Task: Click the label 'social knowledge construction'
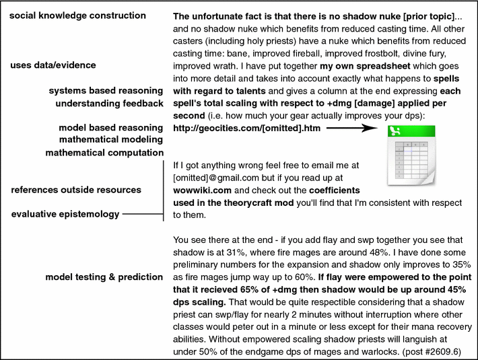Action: pos(78,15)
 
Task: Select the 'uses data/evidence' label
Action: pos(53,65)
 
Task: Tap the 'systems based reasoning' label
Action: pos(106,90)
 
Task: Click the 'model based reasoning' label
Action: pos(110,127)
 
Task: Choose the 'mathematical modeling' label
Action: pos(110,139)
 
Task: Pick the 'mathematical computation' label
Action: pos(104,152)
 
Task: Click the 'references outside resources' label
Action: pos(76,190)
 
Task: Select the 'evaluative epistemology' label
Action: pos(65,214)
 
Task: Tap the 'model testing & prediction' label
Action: pos(104,277)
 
